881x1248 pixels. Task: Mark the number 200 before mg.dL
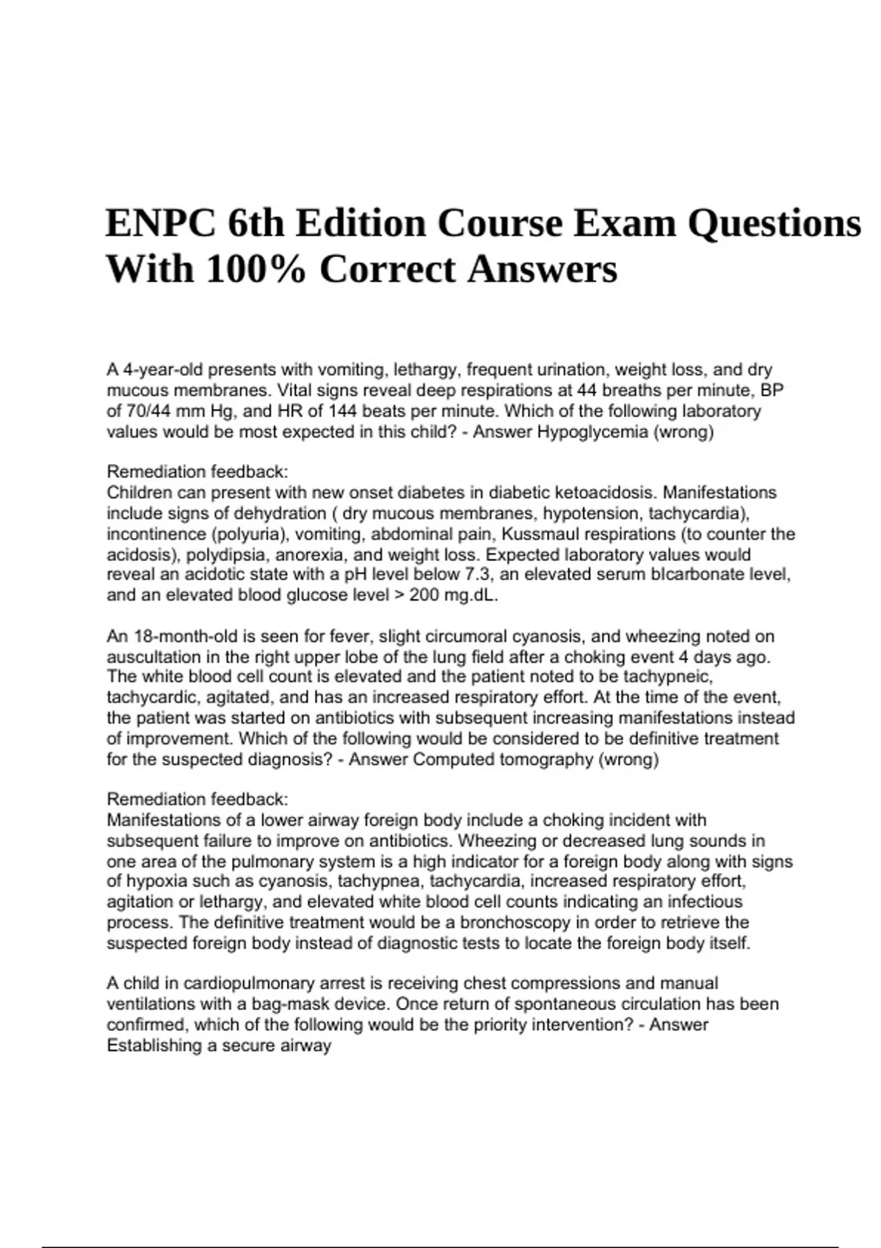point(423,595)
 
